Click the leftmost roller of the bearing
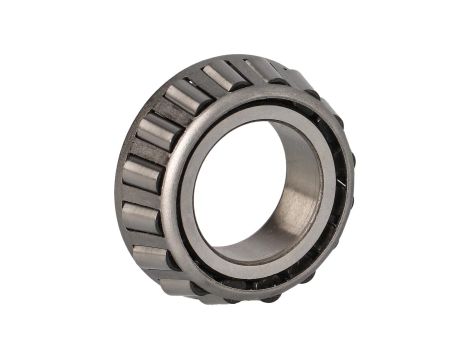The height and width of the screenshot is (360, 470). [x=140, y=176]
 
